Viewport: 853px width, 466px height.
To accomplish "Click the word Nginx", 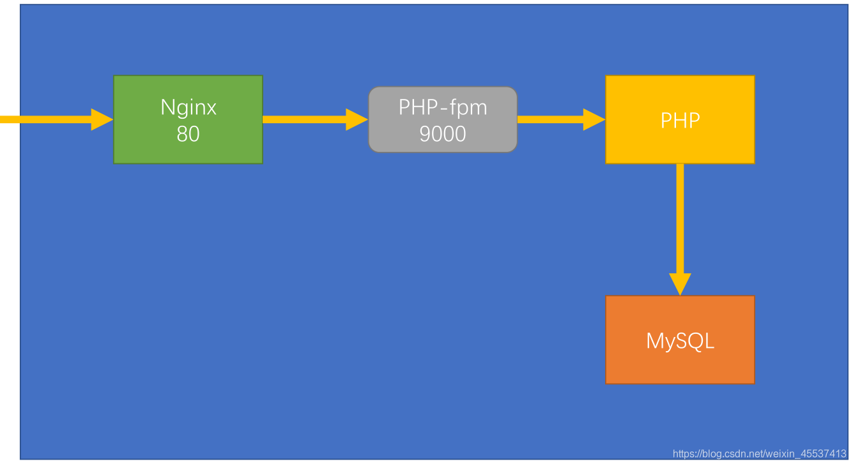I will pyautogui.click(x=188, y=107).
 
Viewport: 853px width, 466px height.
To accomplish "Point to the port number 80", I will pyautogui.click(x=188, y=134).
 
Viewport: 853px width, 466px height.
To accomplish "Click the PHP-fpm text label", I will pyautogui.click(x=443, y=107).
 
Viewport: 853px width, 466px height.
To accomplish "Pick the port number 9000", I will pyautogui.click(x=443, y=133).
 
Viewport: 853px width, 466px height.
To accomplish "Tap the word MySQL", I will pyautogui.click(x=680, y=341).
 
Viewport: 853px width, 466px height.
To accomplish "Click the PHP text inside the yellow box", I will pyautogui.click(x=680, y=120).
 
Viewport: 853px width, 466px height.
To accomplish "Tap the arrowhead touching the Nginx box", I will pyautogui.click(x=102, y=119).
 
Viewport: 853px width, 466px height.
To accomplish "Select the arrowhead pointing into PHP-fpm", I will pyautogui.click(x=357, y=119).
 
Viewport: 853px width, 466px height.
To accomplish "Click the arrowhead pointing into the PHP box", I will pyautogui.click(x=594, y=119).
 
